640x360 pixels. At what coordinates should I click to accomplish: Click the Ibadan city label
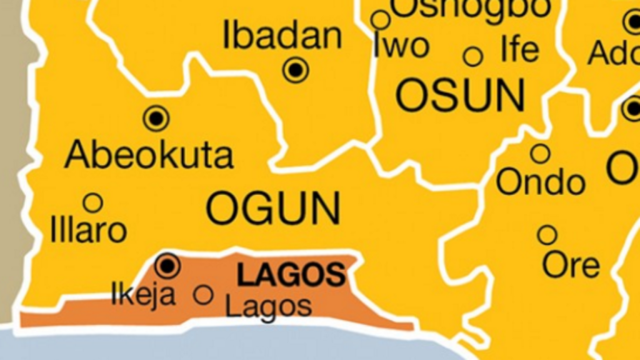(282, 36)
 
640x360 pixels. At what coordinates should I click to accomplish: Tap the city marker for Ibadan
(296, 69)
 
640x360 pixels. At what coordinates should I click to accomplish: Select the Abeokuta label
(149, 154)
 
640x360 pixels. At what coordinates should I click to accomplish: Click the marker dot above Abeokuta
(156, 117)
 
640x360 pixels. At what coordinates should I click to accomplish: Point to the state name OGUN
(274, 209)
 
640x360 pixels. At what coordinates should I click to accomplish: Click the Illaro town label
(88, 230)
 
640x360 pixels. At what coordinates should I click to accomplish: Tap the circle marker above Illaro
(93, 202)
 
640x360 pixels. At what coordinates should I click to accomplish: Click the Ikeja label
(143, 294)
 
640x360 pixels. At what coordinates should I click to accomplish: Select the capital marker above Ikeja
(167, 266)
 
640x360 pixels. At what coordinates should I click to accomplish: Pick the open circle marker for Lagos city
(203, 294)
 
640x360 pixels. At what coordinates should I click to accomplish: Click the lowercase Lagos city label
(268, 306)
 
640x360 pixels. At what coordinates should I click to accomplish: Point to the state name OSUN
(460, 96)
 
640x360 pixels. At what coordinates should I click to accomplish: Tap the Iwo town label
(401, 47)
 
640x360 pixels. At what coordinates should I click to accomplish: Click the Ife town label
(519, 50)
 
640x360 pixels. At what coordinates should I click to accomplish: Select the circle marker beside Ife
(473, 57)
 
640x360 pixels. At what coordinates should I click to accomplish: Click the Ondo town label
(541, 182)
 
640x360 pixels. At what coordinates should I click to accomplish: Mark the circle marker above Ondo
(540, 153)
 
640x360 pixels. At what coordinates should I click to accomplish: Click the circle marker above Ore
(547, 235)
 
